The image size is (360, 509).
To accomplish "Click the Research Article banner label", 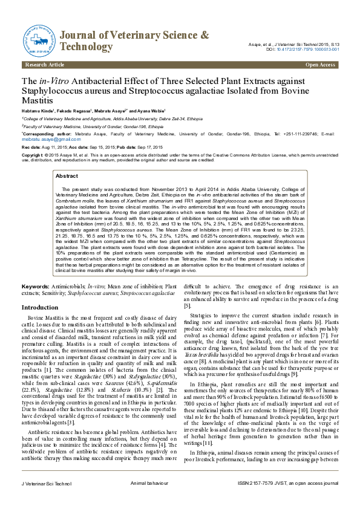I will click(x=44, y=65).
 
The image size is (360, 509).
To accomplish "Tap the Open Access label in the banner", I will click(x=321, y=65).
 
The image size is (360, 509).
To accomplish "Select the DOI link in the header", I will click(x=309, y=50).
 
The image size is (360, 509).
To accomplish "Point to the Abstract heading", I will click(x=67, y=175).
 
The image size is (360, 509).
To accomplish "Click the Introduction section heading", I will click(x=40, y=308).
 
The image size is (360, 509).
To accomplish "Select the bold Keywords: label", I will click(x=35, y=285).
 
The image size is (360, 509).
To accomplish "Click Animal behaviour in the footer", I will click(x=148, y=501).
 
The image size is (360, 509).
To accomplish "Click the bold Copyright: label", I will click(x=34, y=155).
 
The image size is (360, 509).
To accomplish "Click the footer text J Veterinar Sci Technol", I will click(x=45, y=501).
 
